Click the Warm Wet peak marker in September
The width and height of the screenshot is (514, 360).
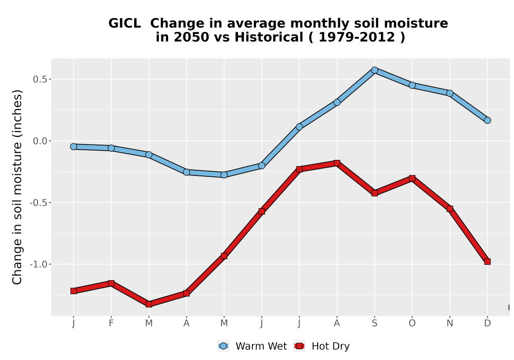click(374, 70)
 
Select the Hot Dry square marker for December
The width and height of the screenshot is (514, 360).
click(487, 261)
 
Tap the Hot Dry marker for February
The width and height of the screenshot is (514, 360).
click(111, 283)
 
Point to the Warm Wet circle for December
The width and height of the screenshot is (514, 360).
click(487, 120)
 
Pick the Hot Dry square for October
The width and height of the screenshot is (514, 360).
click(412, 178)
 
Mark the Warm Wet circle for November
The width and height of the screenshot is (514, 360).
click(450, 94)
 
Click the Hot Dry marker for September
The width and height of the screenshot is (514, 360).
click(374, 193)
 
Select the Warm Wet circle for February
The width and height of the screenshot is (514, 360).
click(111, 148)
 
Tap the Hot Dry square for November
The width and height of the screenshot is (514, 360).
click(450, 209)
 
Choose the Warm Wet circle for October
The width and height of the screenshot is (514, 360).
click(412, 85)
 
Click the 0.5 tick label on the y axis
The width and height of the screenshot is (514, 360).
click(40, 79)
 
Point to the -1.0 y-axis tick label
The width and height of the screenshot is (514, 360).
click(39, 264)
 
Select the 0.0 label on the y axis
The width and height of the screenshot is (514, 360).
click(40, 141)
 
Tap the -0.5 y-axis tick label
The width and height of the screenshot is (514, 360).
click(39, 203)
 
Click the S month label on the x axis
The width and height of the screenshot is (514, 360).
click(374, 323)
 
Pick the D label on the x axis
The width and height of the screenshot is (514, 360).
click(487, 323)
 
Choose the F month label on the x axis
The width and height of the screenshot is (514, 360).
click(111, 323)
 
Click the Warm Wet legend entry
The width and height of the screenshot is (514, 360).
click(252, 346)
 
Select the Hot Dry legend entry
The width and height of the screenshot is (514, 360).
click(322, 346)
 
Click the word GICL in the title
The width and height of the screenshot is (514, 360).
click(124, 23)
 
